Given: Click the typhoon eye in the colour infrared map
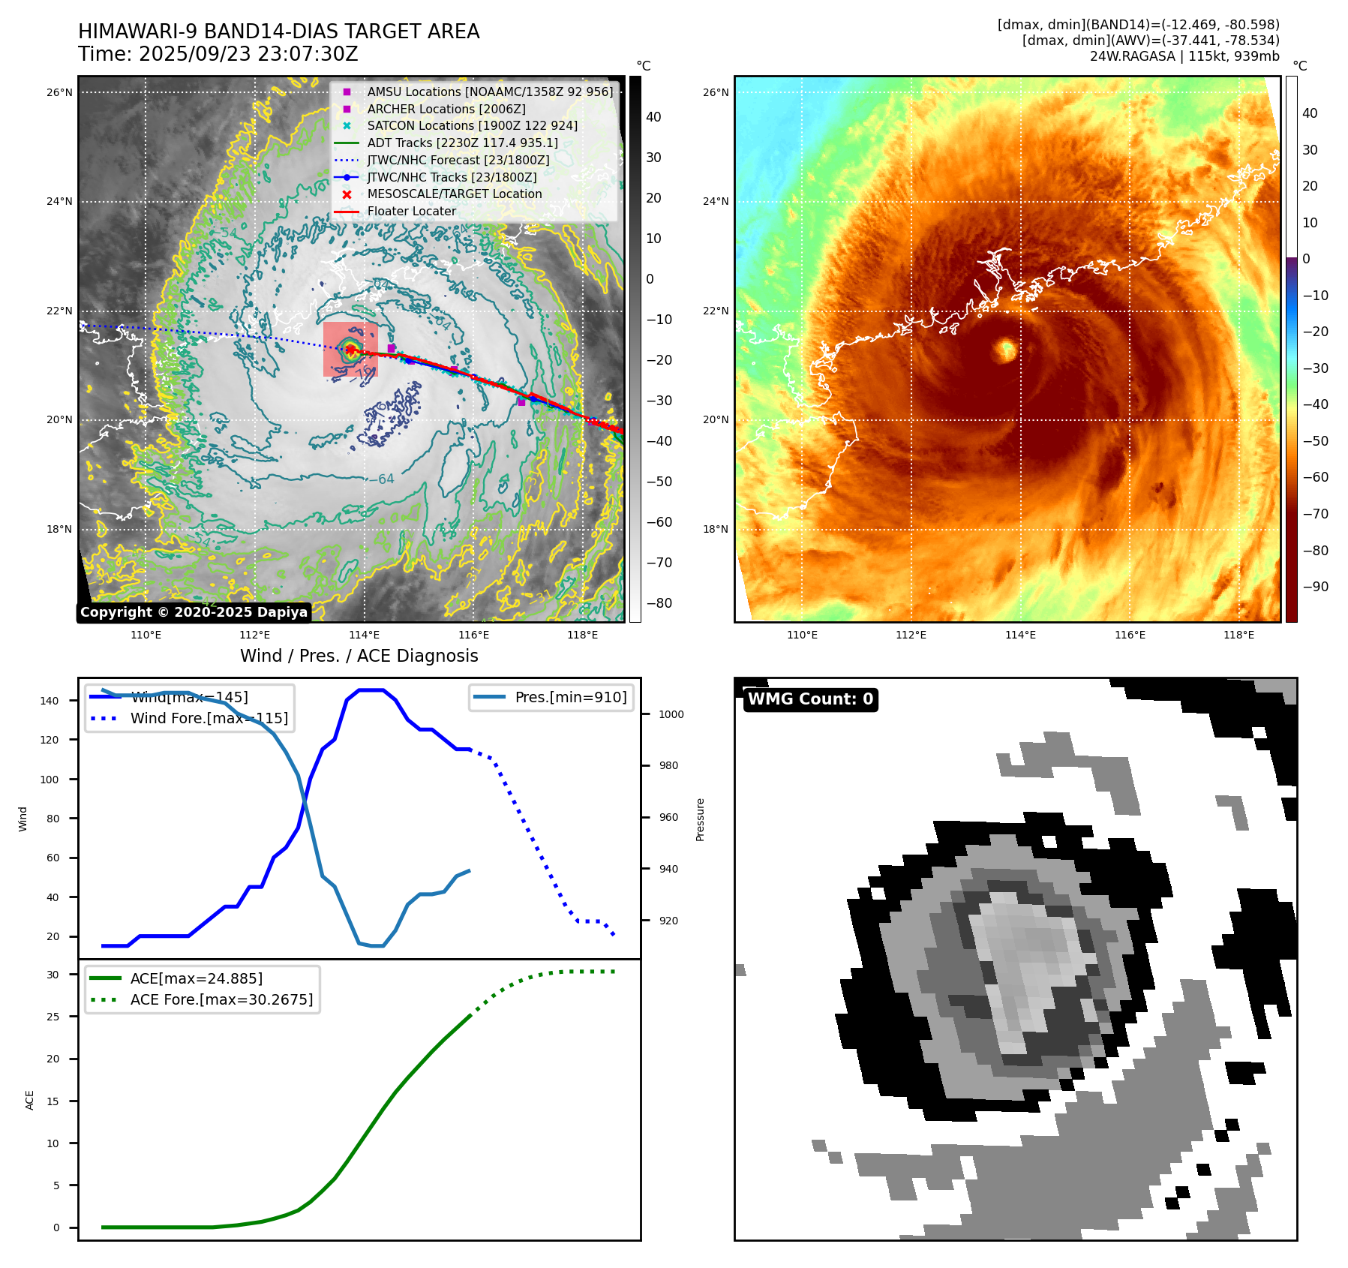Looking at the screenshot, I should coord(1005,350).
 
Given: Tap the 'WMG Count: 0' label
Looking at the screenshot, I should coord(810,699).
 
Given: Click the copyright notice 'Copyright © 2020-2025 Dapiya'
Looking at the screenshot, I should coord(194,612).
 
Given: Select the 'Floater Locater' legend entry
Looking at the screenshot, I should coord(411,212).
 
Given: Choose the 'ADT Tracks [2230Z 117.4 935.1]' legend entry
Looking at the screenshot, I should coord(462,143).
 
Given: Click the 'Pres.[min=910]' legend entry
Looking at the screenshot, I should coord(570,697).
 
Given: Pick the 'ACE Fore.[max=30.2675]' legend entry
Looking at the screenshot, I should coord(221,999).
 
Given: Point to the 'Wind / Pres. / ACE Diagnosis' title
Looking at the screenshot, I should coord(359,656).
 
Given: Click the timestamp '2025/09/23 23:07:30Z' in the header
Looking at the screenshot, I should coord(248,55).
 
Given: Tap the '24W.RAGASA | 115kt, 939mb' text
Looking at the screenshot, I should coord(1184,56).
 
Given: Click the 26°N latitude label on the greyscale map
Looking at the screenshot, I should coord(60,93).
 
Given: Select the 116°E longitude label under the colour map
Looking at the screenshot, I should coord(1130,636).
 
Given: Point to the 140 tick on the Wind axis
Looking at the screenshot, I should coord(50,701).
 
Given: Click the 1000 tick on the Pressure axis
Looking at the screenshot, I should coord(671,714).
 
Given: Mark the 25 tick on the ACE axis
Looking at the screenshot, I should coord(53,1017).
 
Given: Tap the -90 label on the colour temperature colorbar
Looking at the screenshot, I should coord(1315,587).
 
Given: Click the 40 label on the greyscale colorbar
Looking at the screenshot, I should coord(653,117).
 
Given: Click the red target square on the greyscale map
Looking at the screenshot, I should coord(350,350).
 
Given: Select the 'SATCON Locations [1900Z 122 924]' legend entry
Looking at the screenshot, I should coord(472,126).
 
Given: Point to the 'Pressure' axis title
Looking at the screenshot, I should coord(700,819).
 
